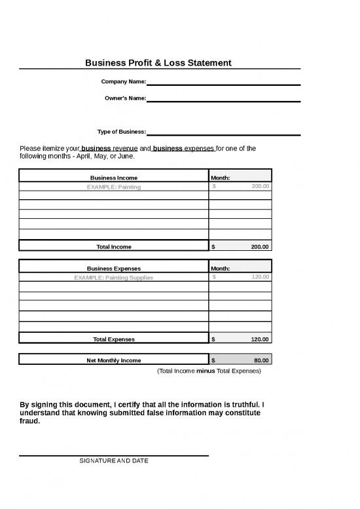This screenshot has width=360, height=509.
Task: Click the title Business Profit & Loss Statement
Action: (x=158, y=63)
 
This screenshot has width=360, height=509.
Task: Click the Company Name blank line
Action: (x=223, y=83)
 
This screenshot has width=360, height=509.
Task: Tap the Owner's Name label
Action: (x=125, y=98)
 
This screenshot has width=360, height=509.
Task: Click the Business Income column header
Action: (x=113, y=178)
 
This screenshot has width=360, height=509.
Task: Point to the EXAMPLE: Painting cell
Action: (x=113, y=187)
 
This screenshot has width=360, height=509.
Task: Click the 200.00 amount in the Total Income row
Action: (x=259, y=247)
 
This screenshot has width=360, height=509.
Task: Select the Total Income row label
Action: (x=113, y=247)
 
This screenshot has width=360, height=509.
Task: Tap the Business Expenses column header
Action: (x=113, y=268)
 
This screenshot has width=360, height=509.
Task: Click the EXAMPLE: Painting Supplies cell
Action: (x=113, y=277)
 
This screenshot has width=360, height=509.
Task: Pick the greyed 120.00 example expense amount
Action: (x=259, y=277)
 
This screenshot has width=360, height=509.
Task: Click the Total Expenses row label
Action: (x=113, y=339)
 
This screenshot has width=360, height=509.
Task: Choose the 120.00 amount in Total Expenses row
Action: (x=259, y=339)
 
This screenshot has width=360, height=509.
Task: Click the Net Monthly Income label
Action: (x=113, y=360)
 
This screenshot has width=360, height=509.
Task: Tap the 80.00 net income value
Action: (x=261, y=360)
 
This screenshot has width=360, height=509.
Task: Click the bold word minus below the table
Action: (x=206, y=371)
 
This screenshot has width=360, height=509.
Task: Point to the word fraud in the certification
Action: (x=30, y=421)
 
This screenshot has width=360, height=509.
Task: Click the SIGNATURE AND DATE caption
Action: (x=113, y=461)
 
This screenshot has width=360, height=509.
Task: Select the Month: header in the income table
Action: (x=220, y=178)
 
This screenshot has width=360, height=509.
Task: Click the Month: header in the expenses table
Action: (x=220, y=268)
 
